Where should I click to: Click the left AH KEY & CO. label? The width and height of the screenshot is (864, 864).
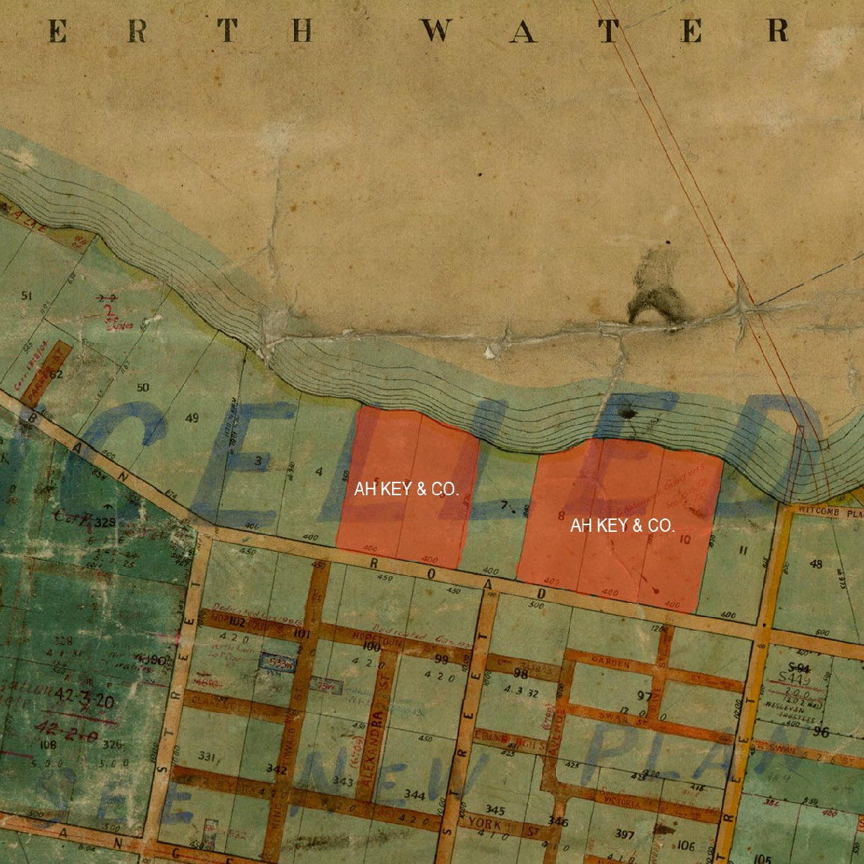point(406,489)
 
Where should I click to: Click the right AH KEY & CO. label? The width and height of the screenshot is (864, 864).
point(622,526)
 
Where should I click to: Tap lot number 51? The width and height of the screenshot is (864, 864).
point(27,296)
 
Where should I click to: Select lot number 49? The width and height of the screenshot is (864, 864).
point(192,417)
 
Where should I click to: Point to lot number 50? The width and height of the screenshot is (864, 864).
point(142,387)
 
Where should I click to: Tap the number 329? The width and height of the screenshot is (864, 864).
point(105,522)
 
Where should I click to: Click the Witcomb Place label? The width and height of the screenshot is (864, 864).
point(830,513)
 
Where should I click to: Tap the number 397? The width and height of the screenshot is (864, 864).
point(624,833)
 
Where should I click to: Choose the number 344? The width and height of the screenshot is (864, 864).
point(414,795)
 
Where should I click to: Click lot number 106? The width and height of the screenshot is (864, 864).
point(685,846)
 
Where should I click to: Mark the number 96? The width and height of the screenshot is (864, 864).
point(821,732)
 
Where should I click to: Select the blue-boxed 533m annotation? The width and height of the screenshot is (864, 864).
point(276,663)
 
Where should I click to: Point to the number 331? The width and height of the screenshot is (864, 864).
point(210,758)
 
